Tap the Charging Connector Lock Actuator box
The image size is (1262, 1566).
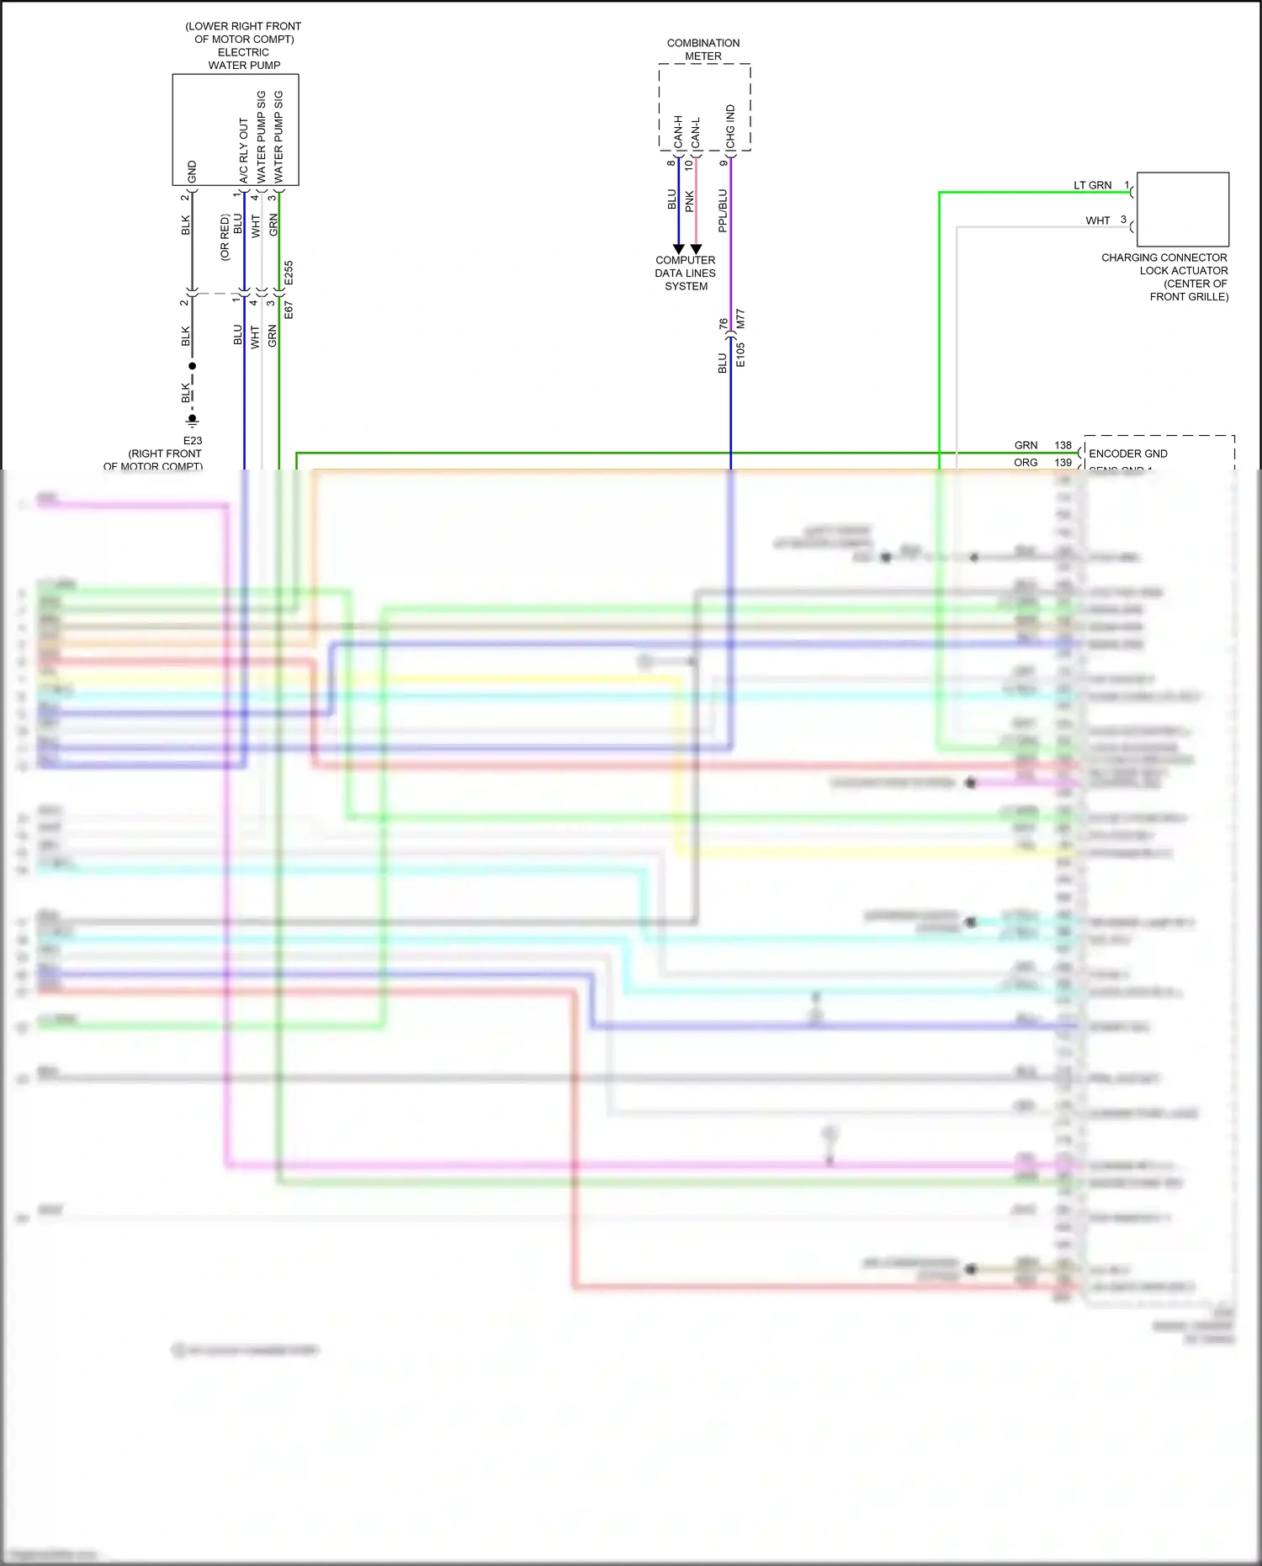[1182, 209]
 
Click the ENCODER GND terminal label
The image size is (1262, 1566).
[1127, 454]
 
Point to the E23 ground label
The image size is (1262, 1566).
[193, 440]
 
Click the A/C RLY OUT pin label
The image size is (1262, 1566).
[244, 151]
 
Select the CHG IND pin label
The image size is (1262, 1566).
[730, 127]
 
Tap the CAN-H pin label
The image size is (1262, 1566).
[679, 132]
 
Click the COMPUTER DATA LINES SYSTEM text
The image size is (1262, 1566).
[686, 273]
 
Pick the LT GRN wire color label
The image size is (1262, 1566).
[1092, 185]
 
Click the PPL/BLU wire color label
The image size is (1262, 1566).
[723, 210]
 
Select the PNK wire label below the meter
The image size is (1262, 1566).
[690, 201]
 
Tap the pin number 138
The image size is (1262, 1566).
[1063, 445]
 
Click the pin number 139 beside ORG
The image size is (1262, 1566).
[1063, 463]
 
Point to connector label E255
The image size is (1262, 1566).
[289, 273]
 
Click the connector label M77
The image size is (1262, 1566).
[740, 319]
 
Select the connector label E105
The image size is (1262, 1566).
[740, 354]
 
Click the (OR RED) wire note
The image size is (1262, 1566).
[225, 237]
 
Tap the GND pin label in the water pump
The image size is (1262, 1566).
[192, 172]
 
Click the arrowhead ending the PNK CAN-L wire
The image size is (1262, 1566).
[696, 249]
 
